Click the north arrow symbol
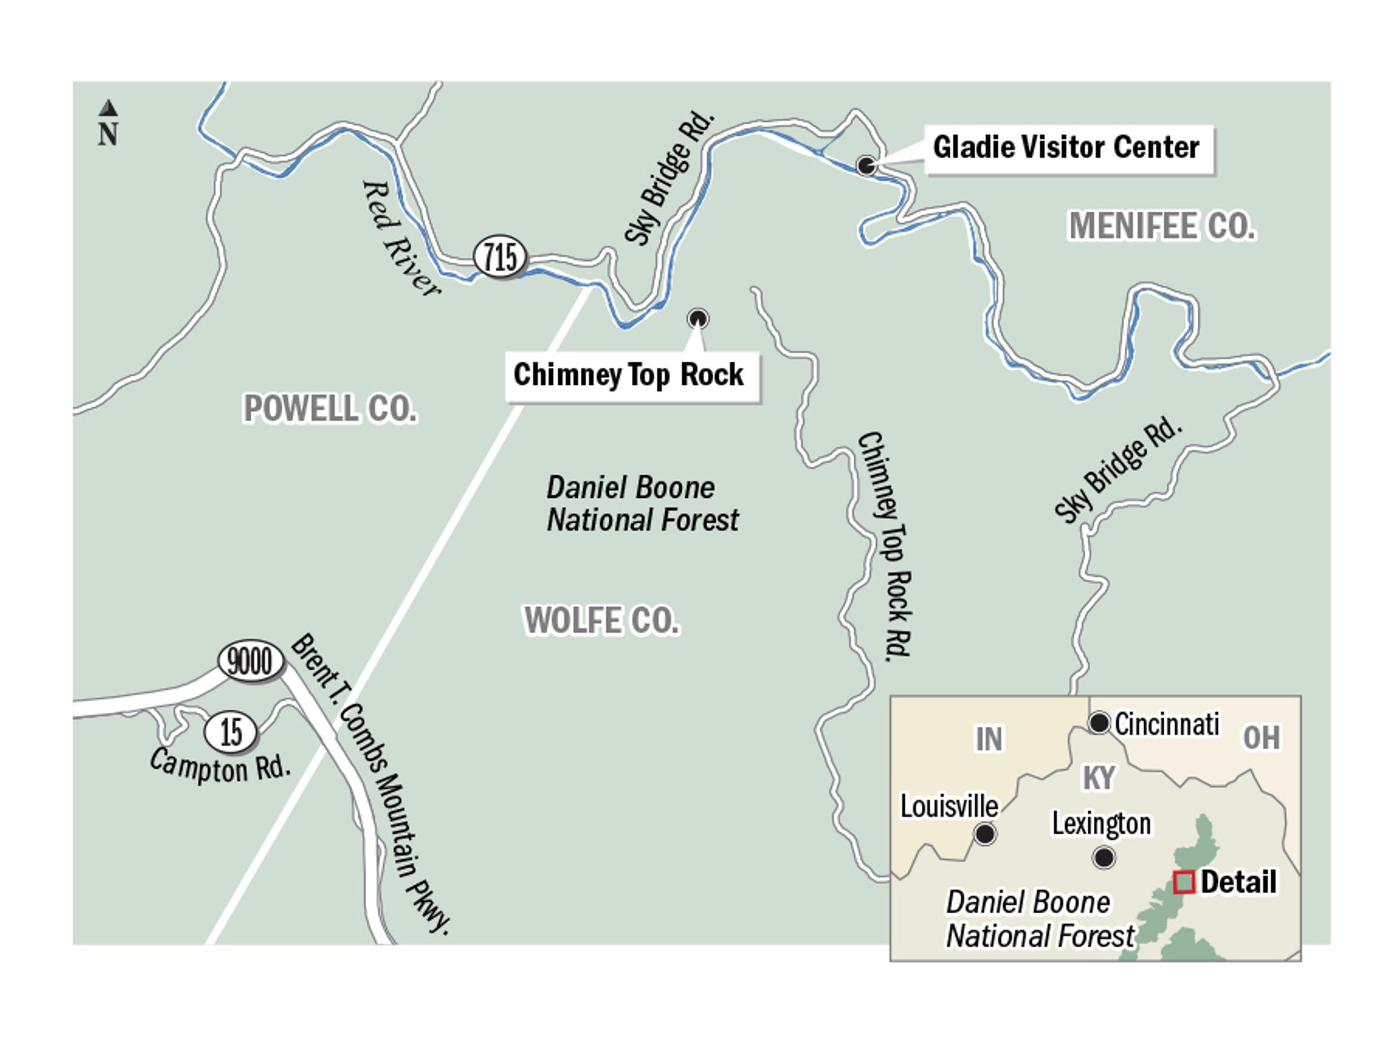108,108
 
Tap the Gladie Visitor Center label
1066,148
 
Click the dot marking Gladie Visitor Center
866,166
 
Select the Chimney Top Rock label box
629,375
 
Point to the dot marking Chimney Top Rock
698,319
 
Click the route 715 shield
500,257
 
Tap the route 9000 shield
250,662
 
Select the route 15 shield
231,732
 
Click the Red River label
399,238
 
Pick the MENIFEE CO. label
1161,227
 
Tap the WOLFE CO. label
601,621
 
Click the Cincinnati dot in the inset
1099,722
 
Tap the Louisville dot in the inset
985,834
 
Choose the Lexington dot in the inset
1104,858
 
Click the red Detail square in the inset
1184,882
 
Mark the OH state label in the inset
1261,738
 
